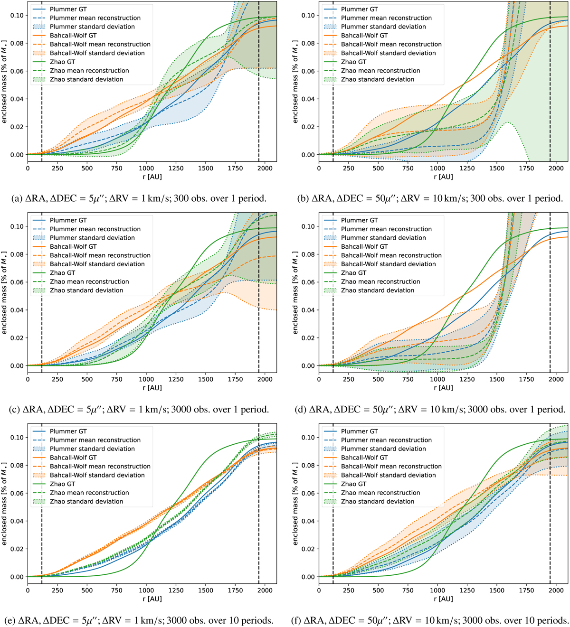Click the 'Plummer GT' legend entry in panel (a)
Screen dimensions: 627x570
coord(68,9)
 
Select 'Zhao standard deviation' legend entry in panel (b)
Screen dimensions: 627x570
coord(378,79)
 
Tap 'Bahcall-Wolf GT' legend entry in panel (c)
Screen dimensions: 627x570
coord(73,246)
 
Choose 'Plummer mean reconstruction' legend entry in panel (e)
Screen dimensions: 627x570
coord(95,440)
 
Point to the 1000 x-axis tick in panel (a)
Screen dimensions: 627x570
coord(146,168)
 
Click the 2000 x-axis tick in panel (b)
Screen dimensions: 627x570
coord(556,168)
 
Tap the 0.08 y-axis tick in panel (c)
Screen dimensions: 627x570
coord(17,254)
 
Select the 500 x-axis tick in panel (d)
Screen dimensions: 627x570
coord(378,379)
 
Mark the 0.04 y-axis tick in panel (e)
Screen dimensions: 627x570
coord(17,521)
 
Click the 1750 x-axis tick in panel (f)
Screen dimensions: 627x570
coord(526,590)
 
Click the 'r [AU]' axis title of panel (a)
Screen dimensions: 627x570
coord(152,177)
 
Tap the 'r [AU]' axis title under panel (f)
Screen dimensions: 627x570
coord(443,599)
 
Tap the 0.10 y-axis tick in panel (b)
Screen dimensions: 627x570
coord(308,15)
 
